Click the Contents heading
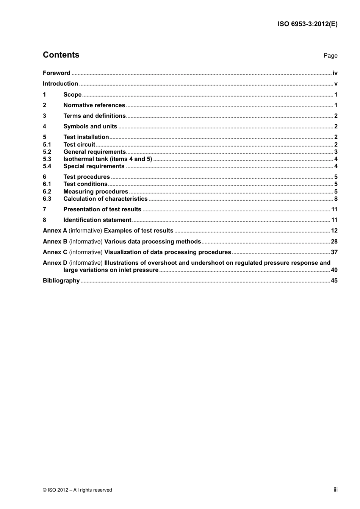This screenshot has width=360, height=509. (61, 55)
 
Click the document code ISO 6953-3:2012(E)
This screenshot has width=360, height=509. (307, 24)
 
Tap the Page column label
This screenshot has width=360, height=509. (330, 56)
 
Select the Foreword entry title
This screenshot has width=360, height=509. (56, 73)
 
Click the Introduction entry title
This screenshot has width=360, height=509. (60, 84)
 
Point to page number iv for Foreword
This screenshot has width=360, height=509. (335, 73)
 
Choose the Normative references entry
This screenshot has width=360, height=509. (94, 105)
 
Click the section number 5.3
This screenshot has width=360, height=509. (47, 159)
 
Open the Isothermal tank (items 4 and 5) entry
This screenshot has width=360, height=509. (108, 159)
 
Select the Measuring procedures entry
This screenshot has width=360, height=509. (95, 192)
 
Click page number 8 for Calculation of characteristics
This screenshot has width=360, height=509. (336, 199)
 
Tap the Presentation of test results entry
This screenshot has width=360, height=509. (102, 209)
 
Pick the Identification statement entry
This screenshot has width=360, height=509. (97, 220)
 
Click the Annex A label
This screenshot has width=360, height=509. (55, 231)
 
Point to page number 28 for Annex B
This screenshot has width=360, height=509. (334, 242)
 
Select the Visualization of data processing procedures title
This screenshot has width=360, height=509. (167, 252)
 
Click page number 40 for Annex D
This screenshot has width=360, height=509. (334, 270)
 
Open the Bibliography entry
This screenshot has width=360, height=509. (61, 281)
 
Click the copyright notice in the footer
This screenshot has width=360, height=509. (77, 490)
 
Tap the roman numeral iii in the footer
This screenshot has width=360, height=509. (335, 490)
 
